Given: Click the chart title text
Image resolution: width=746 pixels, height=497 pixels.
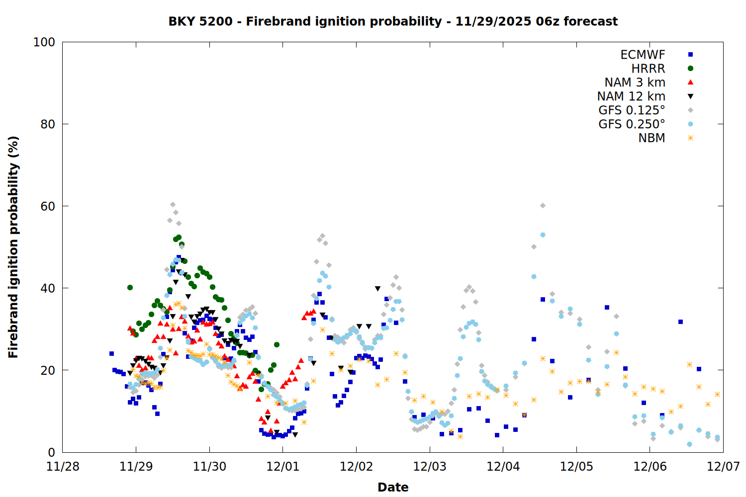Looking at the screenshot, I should [x=393, y=21].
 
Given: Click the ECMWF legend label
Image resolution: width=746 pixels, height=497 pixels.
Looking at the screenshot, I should [x=643, y=55].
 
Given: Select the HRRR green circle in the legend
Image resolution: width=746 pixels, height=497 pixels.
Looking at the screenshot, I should [x=690, y=69].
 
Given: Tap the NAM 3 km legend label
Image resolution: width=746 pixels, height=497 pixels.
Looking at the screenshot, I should [x=635, y=83].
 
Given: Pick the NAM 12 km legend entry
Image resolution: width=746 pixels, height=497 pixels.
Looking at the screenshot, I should [x=631, y=96].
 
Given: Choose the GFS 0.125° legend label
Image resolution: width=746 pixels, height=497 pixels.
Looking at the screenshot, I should [x=632, y=110].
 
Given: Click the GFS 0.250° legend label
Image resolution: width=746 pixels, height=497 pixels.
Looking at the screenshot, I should [x=632, y=124].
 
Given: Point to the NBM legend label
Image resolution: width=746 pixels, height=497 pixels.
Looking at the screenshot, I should [x=652, y=138].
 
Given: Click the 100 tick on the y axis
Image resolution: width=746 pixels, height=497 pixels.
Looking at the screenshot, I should [x=44, y=42].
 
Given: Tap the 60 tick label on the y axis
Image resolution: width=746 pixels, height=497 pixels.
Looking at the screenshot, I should [x=48, y=206].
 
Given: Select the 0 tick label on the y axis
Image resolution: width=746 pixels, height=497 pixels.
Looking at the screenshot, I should [x=51, y=452].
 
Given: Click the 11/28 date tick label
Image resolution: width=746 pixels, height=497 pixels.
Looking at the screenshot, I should [x=63, y=467].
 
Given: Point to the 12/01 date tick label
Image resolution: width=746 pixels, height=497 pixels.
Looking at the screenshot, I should [x=283, y=467].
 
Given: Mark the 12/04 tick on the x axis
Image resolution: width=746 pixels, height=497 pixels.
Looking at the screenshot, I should [x=503, y=467].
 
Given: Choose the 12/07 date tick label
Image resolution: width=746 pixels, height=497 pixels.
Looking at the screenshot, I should [x=723, y=467].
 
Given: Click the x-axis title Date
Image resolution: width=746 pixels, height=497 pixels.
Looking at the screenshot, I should [x=393, y=487].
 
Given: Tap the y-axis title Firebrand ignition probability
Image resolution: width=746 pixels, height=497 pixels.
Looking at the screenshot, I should [x=13, y=247].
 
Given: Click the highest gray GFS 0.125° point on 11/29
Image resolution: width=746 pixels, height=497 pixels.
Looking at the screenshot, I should [x=173, y=205].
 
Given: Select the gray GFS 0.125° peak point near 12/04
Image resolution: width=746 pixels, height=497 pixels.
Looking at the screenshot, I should [x=543, y=206].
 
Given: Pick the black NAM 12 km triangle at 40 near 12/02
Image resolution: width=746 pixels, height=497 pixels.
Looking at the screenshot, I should [x=377, y=289].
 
